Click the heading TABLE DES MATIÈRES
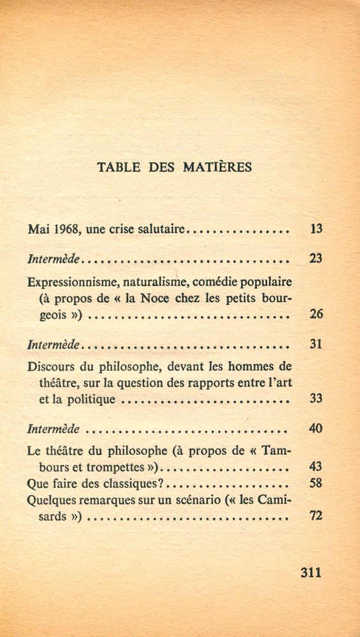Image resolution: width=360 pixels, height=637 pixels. (175, 168)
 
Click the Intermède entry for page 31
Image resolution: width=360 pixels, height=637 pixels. (55, 345)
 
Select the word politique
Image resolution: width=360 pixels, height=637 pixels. (93, 400)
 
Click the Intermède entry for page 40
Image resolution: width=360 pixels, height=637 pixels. (55, 429)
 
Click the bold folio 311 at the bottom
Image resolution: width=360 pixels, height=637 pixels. (311, 571)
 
